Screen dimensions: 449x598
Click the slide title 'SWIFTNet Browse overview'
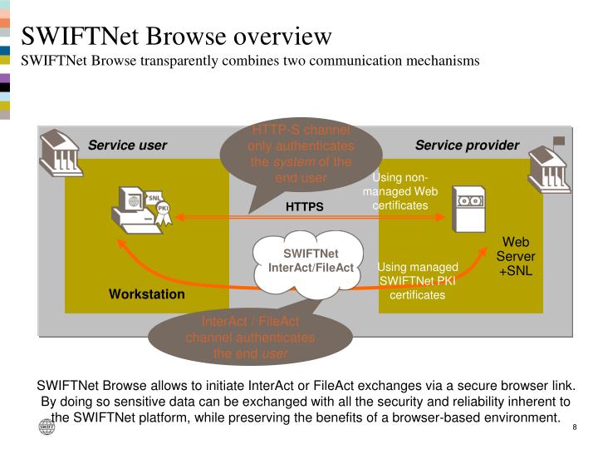point(176,37)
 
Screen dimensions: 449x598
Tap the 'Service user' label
point(128,146)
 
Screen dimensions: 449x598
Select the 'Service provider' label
point(467,146)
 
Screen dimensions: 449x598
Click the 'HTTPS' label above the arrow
point(305,205)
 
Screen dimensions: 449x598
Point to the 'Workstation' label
point(147,294)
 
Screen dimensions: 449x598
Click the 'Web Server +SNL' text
point(517,256)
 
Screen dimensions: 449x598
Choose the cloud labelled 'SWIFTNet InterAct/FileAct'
point(311,259)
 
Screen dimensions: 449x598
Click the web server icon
point(467,208)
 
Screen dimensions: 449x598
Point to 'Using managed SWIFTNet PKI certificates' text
point(418,281)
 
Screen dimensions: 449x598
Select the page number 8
point(575,427)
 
